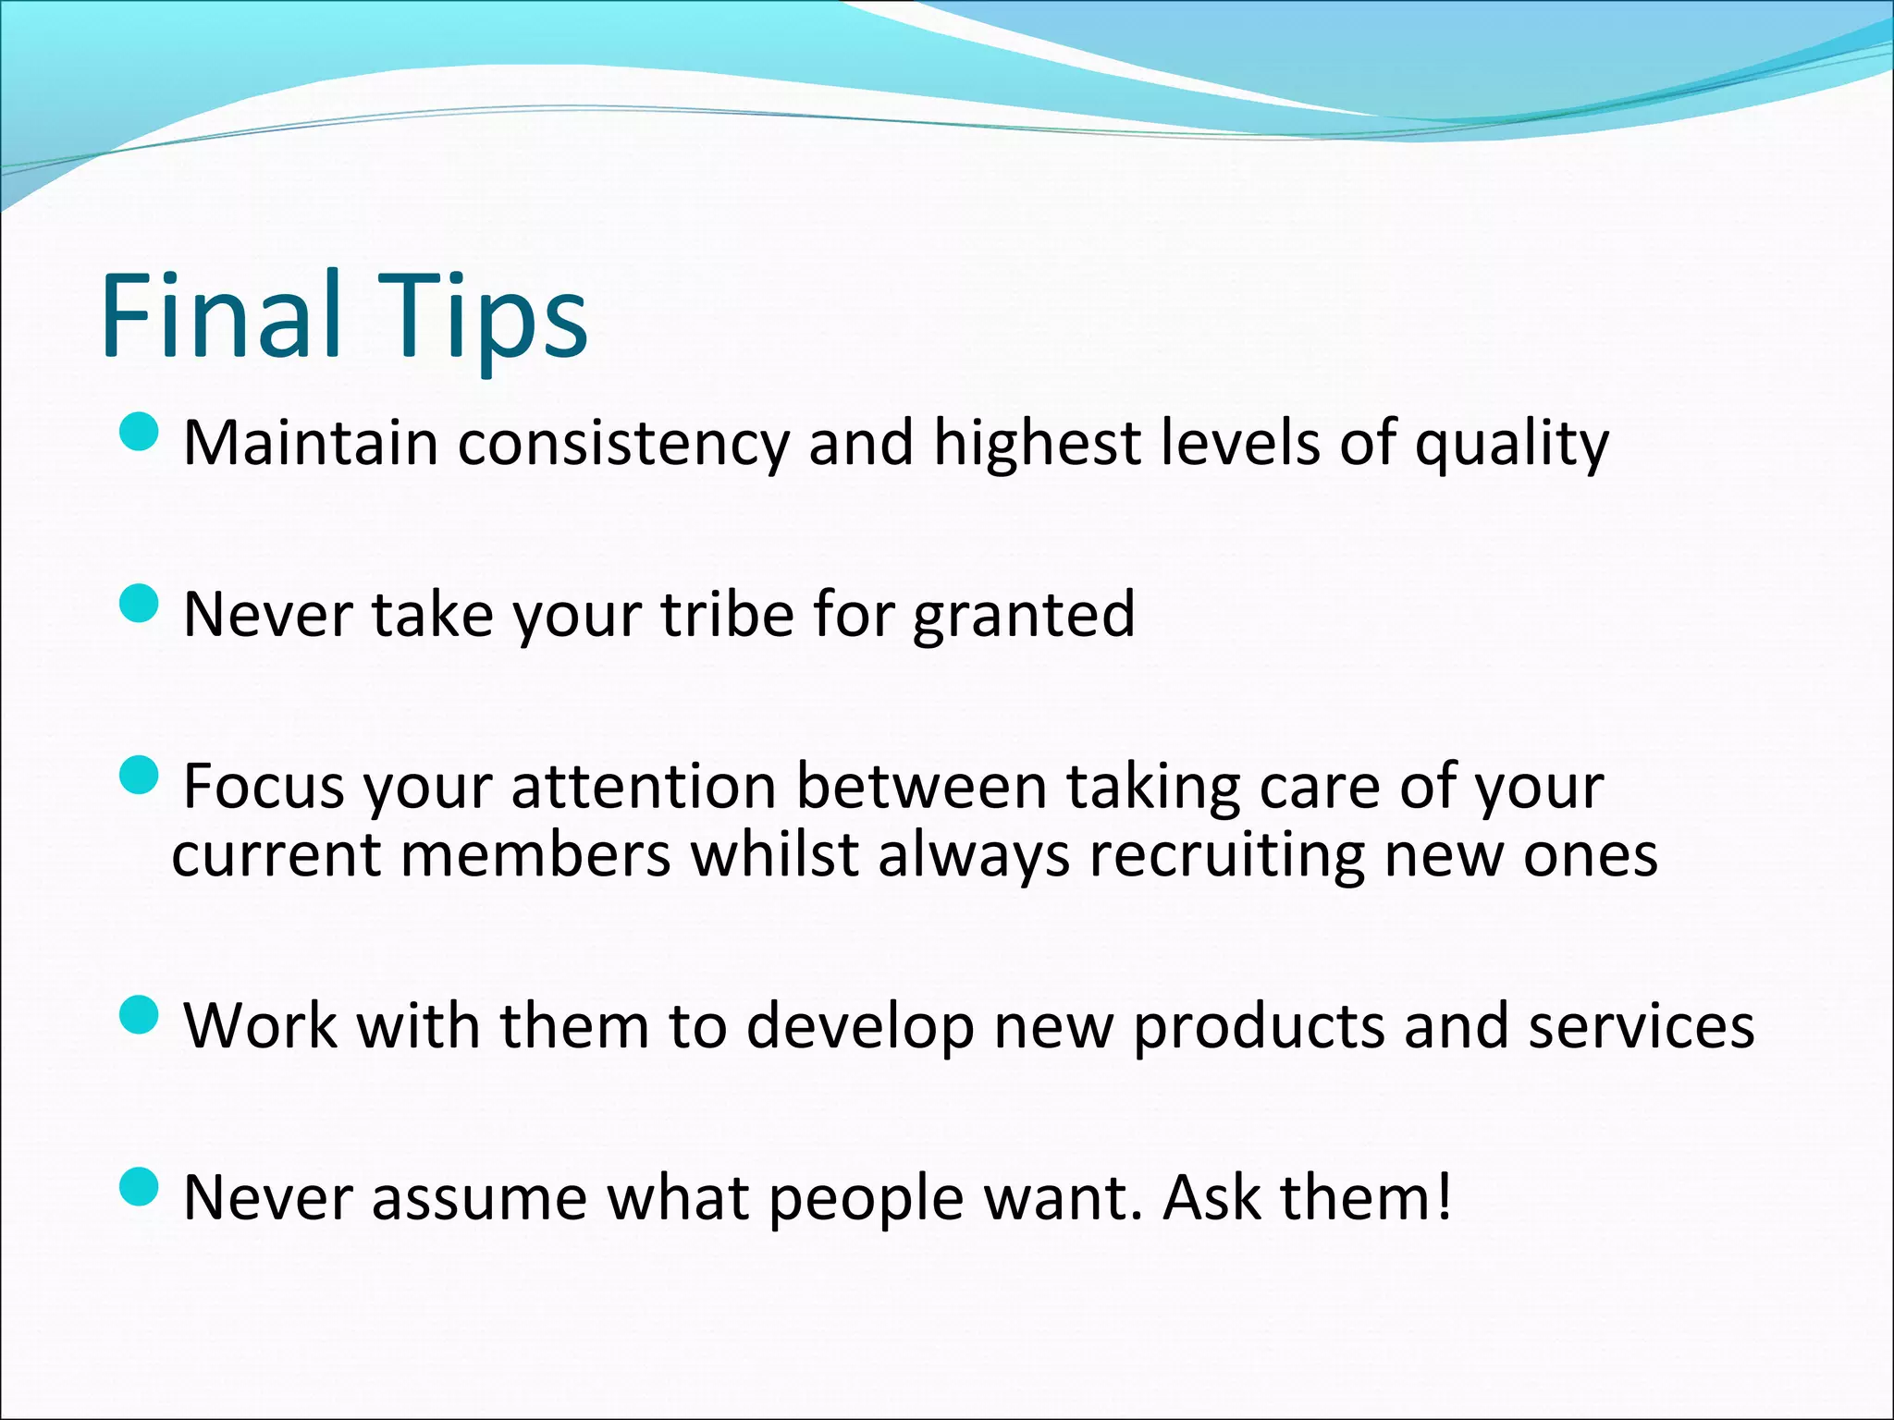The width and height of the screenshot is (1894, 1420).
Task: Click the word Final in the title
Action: [221, 314]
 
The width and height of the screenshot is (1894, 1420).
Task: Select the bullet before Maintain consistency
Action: [140, 432]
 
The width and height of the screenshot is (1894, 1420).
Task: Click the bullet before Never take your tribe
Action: [140, 604]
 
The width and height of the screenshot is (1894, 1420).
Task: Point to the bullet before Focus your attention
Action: [140, 775]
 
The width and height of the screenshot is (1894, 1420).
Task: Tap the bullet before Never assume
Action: [140, 1186]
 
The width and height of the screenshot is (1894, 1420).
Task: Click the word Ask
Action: [1211, 1198]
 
